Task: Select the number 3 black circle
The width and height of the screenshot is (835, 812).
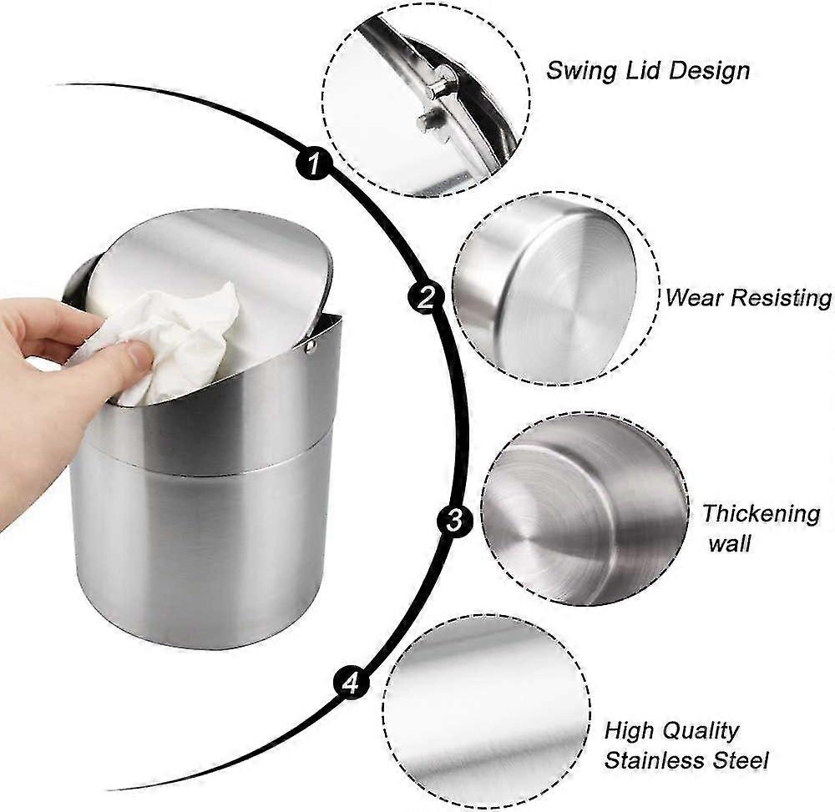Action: point(454,519)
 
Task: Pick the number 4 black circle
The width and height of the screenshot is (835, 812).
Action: point(351,682)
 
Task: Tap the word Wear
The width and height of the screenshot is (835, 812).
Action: point(693,297)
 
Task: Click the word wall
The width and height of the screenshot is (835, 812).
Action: point(730,544)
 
